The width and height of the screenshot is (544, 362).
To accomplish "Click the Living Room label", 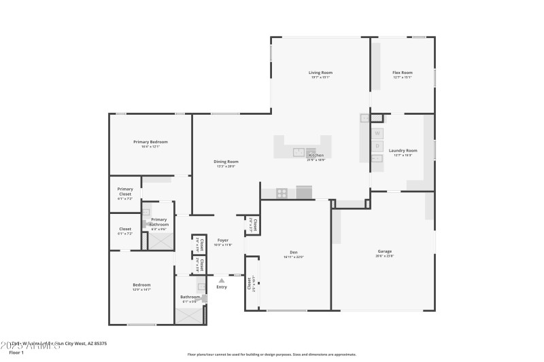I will [320, 73].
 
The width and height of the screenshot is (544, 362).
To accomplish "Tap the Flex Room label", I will [403, 73].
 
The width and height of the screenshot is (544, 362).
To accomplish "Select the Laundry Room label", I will [403, 150].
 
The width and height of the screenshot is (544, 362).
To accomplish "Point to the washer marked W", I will [377, 133].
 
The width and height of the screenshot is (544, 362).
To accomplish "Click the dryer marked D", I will [377, 146].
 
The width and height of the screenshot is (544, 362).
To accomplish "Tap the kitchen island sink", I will [299, 152].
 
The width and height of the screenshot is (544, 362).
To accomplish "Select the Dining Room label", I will [226, 162].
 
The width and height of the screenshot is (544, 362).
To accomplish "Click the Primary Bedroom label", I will [150, 141].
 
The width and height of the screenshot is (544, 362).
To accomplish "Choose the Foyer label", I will [222, 240].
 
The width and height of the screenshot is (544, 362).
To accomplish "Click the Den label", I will [293, 253].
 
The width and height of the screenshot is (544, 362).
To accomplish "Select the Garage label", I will [384, 252].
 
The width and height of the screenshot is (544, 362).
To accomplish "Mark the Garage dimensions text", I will [384, 257].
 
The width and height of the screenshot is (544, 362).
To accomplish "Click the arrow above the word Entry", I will [222, 279].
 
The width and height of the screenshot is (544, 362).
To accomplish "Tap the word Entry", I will [222, 287].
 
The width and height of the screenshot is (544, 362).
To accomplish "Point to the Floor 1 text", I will [16, 353].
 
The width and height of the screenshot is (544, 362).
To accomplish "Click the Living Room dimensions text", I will [320, 77].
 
